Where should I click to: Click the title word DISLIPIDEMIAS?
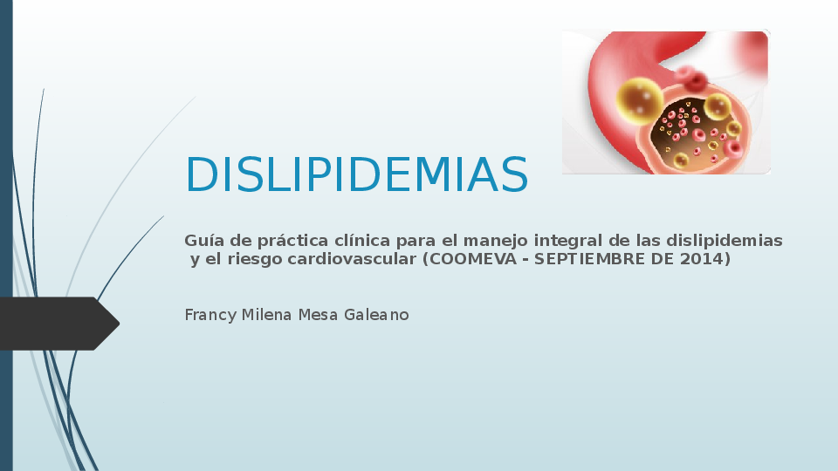(356, 175)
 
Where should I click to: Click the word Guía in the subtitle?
(201, 241)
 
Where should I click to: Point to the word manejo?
(495, 240)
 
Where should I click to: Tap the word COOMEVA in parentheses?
(469, 259)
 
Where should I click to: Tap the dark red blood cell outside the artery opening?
(695, 80)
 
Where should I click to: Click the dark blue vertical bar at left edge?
(6, 235)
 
